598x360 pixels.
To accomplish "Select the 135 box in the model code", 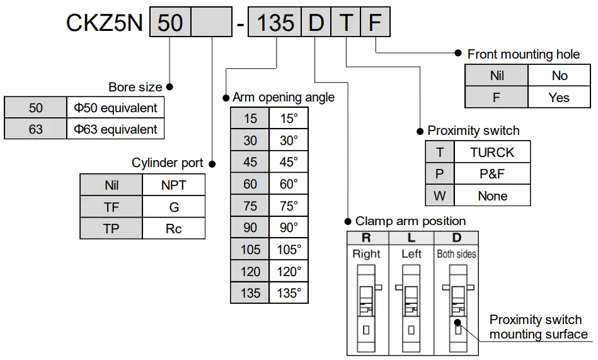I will (x=276, y=23).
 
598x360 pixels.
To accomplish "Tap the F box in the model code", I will (x=375, y=23).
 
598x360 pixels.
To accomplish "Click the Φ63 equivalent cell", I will (x=115, y=129).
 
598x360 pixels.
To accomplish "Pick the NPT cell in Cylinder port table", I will (x=174, y=185).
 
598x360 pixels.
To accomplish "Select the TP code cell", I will (x=111, y=228).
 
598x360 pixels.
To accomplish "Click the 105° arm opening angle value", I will (x=289, y=250).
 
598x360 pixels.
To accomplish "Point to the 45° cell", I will (x=289, y=162).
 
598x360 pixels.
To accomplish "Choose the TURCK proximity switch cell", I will (x=492, y=152).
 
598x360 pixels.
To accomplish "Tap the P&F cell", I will (x=492, y=174).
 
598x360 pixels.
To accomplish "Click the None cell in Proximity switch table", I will (x=492, y=196).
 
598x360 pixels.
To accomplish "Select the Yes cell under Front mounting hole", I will (x=558, y=98).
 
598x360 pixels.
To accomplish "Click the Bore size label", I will (x=135, y=87).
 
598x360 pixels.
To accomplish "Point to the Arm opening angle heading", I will (x=284, y=97).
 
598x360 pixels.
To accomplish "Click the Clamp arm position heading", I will (x=410, y=221).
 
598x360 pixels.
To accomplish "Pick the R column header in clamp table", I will (x=366, y=238).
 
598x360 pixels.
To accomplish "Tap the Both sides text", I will (x=456, y=254).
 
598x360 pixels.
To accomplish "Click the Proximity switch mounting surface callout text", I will (x=538, y=327).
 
